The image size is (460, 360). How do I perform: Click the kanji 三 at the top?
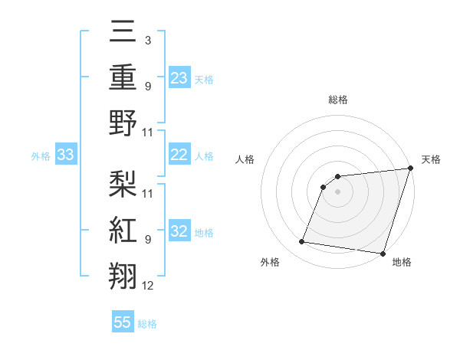coord(123,33)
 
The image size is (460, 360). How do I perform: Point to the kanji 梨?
coord(123,185)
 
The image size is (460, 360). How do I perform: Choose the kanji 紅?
coord(123,231)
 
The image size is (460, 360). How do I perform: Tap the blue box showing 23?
coord(179,77)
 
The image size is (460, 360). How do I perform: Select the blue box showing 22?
coord(179,155)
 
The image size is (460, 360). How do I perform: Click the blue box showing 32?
coord(179,231)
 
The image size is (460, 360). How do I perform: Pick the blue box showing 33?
coord(65,155)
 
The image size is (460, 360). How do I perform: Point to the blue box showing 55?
coord(123,322)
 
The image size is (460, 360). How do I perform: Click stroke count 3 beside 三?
coord(147,39)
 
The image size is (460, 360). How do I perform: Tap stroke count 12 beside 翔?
coord(148,286)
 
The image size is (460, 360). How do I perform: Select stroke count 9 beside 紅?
coord(147,239)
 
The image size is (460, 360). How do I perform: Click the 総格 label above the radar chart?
coord(337,100)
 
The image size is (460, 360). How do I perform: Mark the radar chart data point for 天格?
coord(409,169)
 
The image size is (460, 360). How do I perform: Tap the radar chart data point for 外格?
coord(301,242)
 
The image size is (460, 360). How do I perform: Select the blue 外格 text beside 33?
coord(41,156)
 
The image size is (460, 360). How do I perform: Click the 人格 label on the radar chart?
coord(245,159)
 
